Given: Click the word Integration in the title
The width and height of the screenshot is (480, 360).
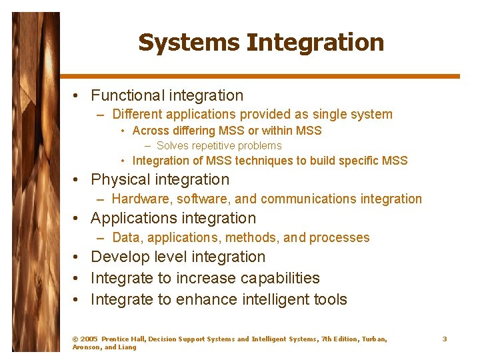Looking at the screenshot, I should (315, 43).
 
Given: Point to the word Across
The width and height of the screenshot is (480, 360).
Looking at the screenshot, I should (150, 131).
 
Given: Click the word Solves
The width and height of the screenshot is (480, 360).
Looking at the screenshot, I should (172, 146).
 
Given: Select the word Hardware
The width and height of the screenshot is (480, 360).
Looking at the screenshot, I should (137, 199).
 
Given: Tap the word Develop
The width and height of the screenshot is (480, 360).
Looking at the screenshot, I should (117, 257).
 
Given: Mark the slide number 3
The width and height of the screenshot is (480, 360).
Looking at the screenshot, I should (445, 339).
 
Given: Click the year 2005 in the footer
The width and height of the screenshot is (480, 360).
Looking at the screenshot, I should (89, 339).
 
